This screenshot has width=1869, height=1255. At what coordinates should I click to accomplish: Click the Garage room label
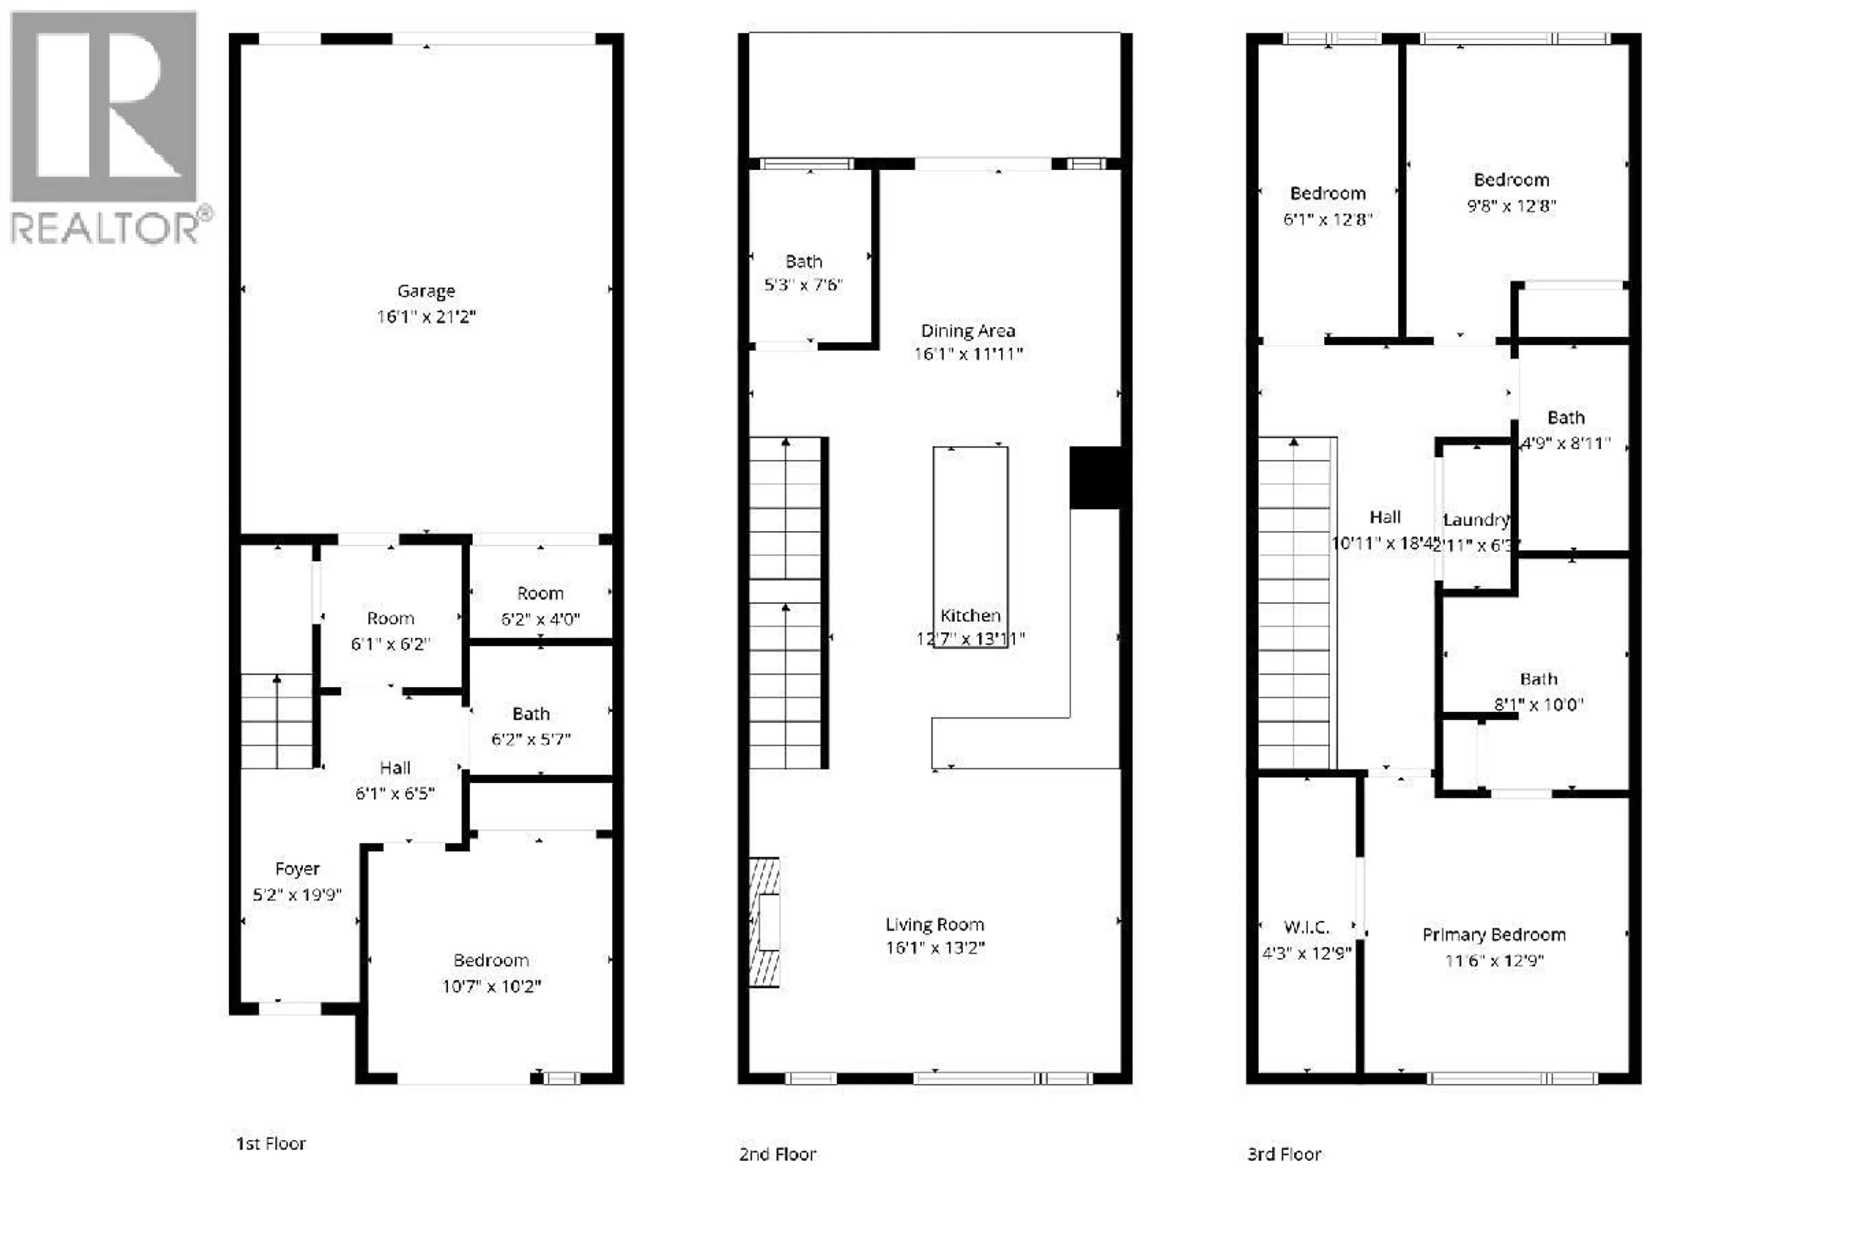tap(425, 290)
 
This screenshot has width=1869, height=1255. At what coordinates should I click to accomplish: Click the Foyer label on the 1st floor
tap(297, 868)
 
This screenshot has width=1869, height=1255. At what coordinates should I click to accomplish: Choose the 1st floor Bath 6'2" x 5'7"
tap(531, 726)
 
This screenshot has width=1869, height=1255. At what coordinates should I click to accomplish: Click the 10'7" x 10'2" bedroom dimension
tap(491, 986)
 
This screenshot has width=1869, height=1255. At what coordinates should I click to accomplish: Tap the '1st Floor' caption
tap(271, 1143)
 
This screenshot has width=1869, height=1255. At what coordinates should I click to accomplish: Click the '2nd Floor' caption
tap(777, 1153)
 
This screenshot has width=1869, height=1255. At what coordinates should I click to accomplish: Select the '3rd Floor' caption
tap(1283, 1153)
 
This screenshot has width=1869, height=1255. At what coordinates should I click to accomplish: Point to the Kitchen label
tap(970, 615)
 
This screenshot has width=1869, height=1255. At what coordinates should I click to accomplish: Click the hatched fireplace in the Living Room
tap(765, 922)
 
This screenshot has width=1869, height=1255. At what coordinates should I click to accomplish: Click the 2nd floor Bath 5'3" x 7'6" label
tap(803, 272)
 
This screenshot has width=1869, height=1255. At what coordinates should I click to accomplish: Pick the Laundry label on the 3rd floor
tap(1475, 520)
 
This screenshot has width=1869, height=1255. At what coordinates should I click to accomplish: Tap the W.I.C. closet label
tap(1306, 927)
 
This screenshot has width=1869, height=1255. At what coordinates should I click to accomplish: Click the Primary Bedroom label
tap(1493, 934)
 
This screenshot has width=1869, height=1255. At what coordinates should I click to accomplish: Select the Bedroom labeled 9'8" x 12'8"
tap(1511, 192)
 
